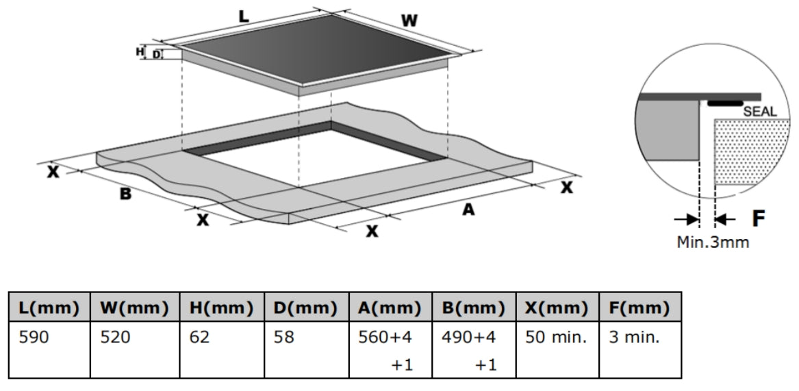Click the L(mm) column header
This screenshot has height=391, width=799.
click(49, 307)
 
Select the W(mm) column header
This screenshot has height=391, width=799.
click(134, 307)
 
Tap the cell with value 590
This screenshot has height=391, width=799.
click(49, 350)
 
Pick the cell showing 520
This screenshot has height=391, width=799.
click(134, 350)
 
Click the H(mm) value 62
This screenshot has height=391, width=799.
click(222, 350)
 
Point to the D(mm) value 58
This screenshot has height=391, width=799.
click(307, 350)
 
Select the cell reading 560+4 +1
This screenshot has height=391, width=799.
click(390, 350)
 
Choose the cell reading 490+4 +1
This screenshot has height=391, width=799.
click(474, 350)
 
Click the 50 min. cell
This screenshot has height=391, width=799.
click(557, 350)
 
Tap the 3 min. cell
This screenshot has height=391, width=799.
click(640, 350)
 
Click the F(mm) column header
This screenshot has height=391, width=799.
click(640, 307)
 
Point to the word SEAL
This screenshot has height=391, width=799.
click(760, 112)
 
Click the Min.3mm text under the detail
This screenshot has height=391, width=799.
click(713, 242)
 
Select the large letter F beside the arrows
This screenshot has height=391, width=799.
click(759, 218)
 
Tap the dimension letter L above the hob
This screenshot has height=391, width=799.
click(244, 16)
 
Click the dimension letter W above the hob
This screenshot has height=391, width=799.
click(409, 21)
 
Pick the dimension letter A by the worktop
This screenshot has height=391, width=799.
click(468, 209)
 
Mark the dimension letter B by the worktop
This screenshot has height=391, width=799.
click(125, 194)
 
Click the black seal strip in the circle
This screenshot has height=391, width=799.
click(725, 103)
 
